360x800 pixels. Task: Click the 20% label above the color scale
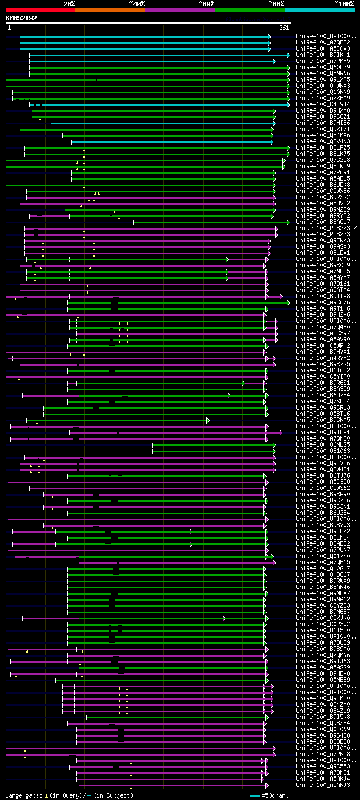[69, 3]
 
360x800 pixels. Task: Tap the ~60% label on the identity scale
[206, 3]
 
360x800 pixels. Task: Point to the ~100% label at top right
[344, 3]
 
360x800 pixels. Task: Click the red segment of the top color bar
[40, 10]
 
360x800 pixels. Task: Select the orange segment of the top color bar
[110, 10]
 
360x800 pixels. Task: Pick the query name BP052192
[21, 18]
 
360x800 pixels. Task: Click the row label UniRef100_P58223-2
[326, 228]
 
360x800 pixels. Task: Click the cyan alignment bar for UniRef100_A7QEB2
[144, 42]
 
